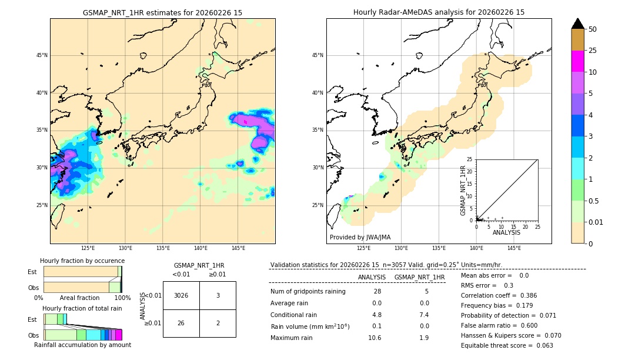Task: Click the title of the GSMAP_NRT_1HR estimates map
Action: (162, 12)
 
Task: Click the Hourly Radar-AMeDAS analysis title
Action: (439, 12)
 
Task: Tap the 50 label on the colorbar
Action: (593, 29)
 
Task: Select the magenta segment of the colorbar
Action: (577, 61)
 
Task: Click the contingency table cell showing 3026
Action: (181, 295)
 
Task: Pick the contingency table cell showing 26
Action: (181, 323)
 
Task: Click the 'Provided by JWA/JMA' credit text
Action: (360, 238)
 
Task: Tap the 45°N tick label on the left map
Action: (42, 55)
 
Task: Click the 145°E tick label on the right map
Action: (514, 248)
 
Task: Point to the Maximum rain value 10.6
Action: (375, 338)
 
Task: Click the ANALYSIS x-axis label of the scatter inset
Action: (506, 232)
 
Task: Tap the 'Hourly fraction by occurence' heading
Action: (82, 261)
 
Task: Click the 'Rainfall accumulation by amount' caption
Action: (83, 345)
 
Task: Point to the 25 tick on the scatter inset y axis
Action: (470, 159)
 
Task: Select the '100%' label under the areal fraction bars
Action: (122, 298)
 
